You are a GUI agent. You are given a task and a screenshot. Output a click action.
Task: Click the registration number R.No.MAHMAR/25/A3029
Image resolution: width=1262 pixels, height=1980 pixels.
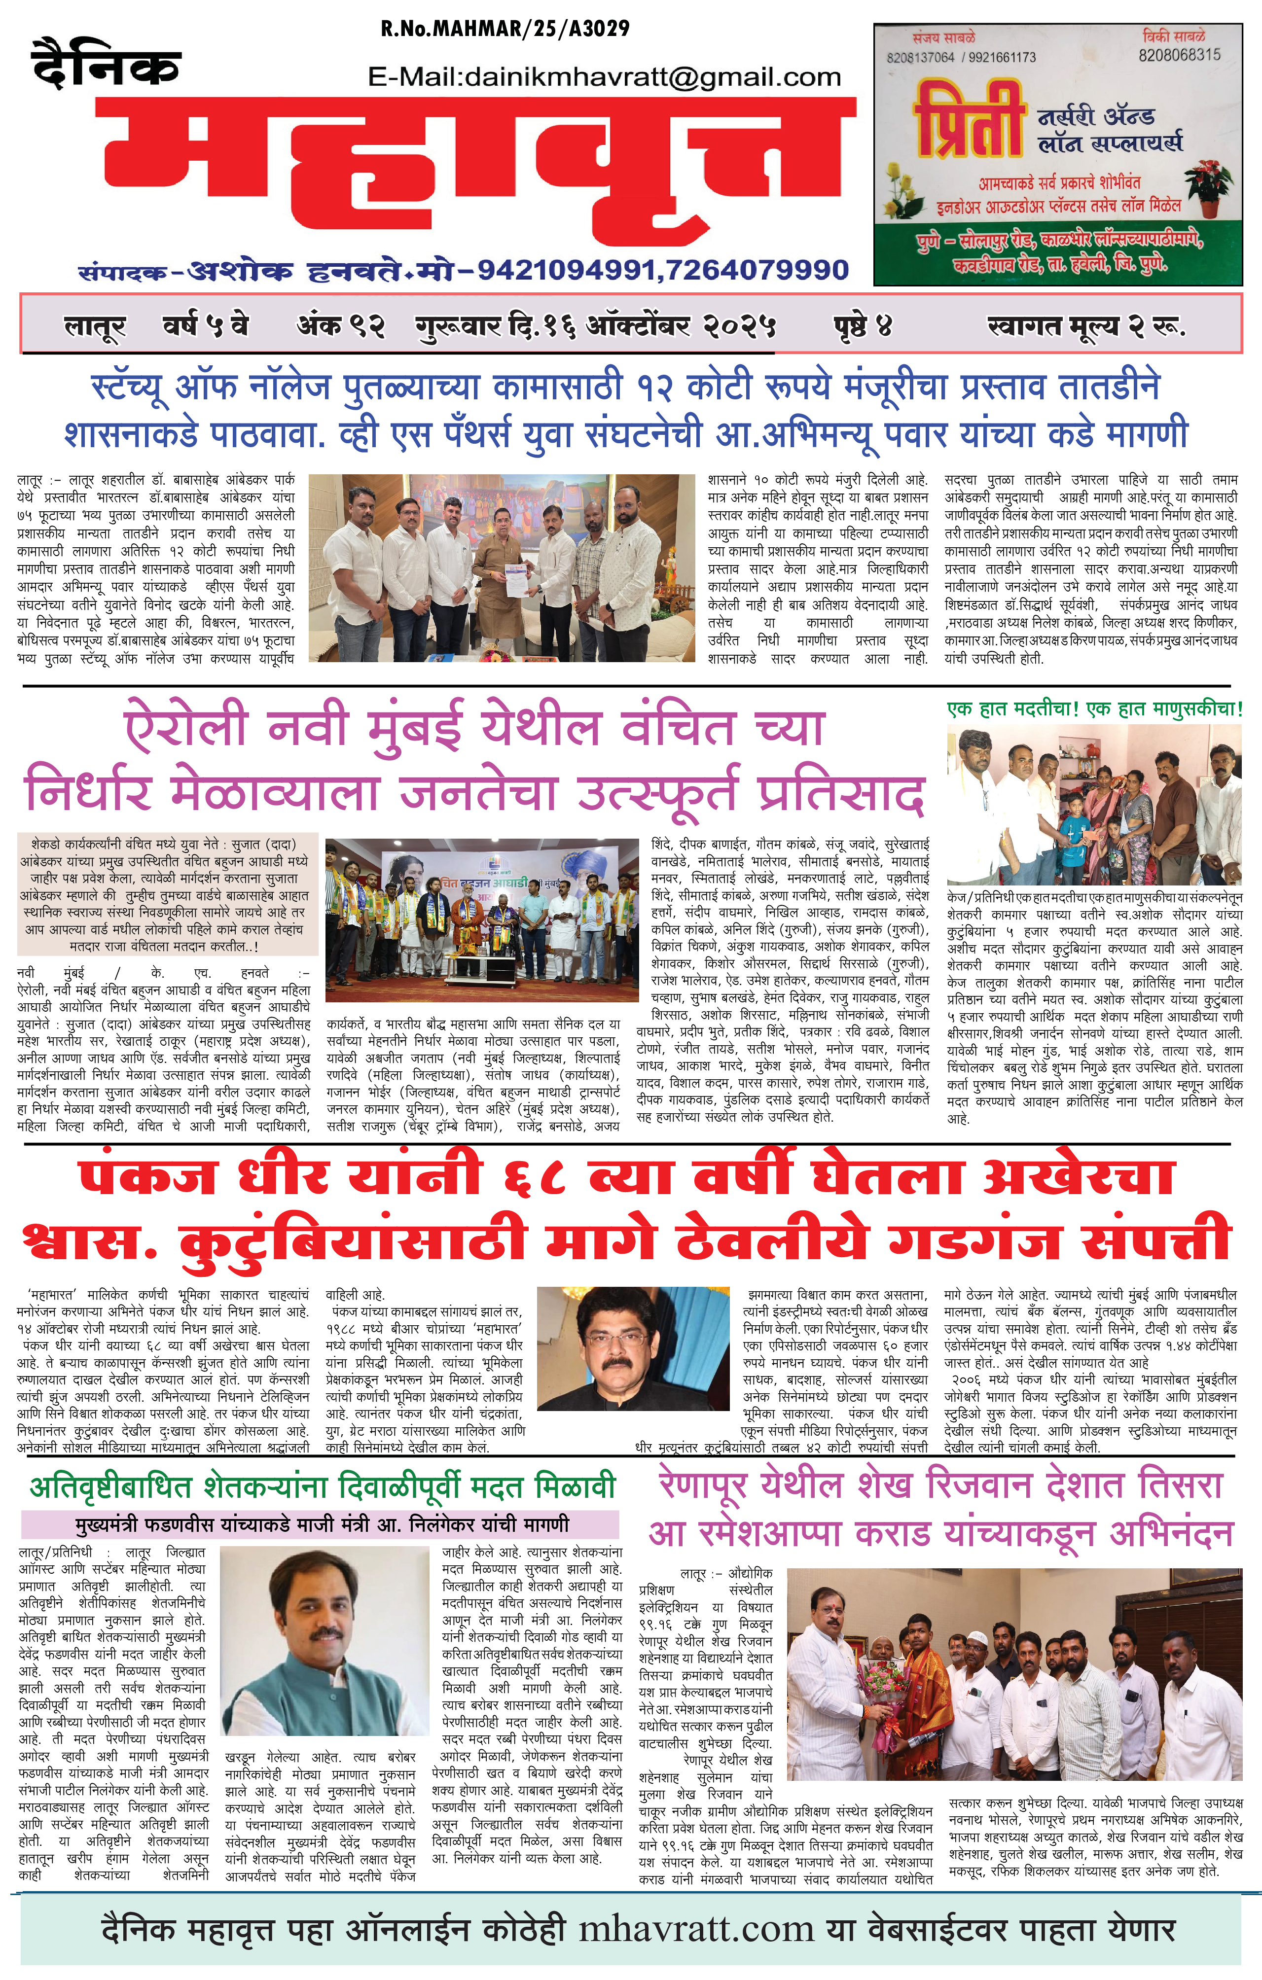(x=505, y=29)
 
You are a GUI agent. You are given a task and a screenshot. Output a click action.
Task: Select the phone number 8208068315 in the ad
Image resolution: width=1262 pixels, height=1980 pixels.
(x=1179, y=55)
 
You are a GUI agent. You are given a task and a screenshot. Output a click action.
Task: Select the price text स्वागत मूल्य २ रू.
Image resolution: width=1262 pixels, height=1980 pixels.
(x=1086, y=326)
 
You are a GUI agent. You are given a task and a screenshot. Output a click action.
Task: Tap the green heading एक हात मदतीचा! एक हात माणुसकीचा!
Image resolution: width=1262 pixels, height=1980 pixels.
(x=1094, y=709)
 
